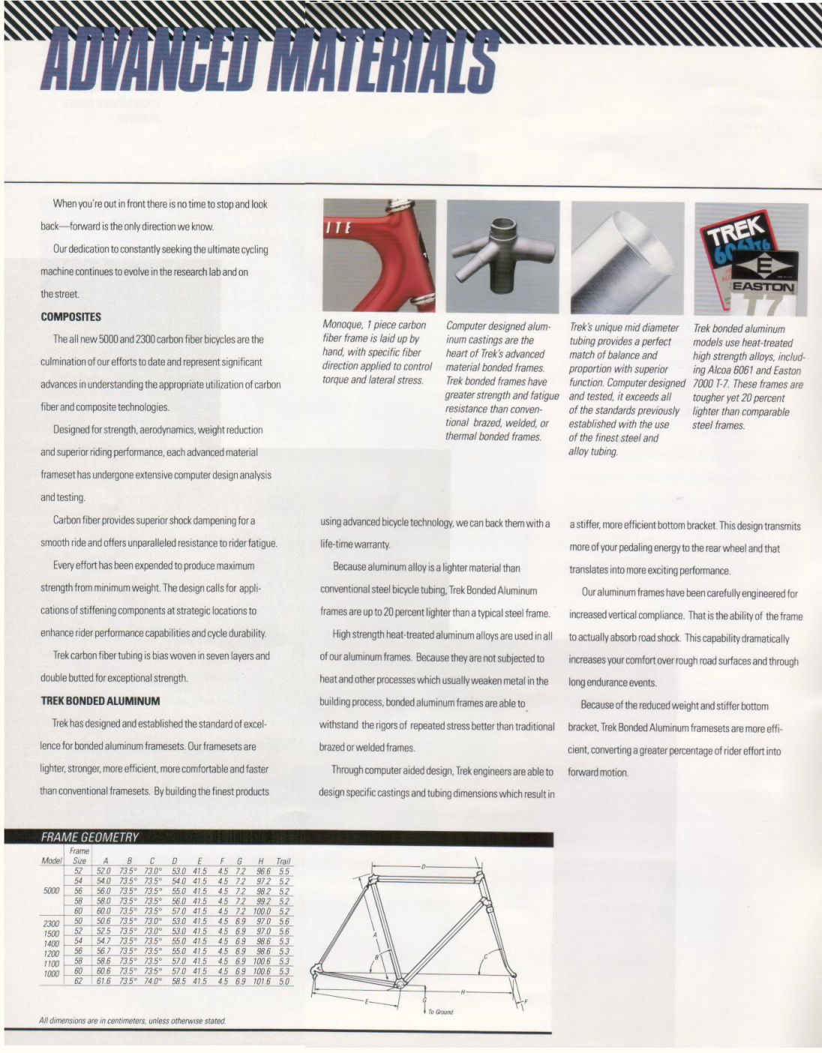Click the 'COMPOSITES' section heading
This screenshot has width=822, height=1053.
point(70,317)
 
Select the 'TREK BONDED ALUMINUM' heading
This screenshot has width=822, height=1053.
point(100,701)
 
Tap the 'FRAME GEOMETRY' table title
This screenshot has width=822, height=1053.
point(89,838)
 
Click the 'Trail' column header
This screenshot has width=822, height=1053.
point(283,862)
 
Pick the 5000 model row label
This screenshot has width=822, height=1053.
point(51,891)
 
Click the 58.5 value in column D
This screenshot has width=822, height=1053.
point(178,981)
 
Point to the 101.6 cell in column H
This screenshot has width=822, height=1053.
point(262,981)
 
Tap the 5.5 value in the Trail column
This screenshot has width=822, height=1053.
point(283,872)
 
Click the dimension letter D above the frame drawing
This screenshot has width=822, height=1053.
point(423,867)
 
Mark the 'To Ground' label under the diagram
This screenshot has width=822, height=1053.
point(440,1012)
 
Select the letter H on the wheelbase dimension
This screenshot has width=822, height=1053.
point(463,991)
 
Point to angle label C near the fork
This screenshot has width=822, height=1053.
point(486,956)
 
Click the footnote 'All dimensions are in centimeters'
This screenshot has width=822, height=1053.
point(132,1021)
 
